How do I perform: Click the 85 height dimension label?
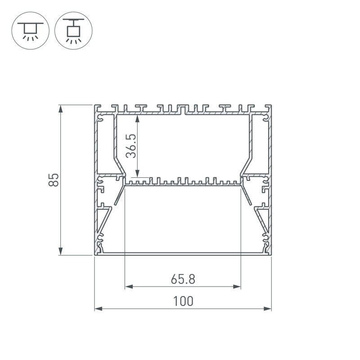54,180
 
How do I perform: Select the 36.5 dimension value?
131,146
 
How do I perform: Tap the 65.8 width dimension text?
183,279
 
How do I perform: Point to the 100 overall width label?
183,301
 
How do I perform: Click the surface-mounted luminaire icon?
30,31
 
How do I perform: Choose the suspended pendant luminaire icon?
73,31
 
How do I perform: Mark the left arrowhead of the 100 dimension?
99,309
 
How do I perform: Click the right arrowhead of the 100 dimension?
267,309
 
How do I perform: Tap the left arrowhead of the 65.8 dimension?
129,287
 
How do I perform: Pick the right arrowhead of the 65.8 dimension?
237,287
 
